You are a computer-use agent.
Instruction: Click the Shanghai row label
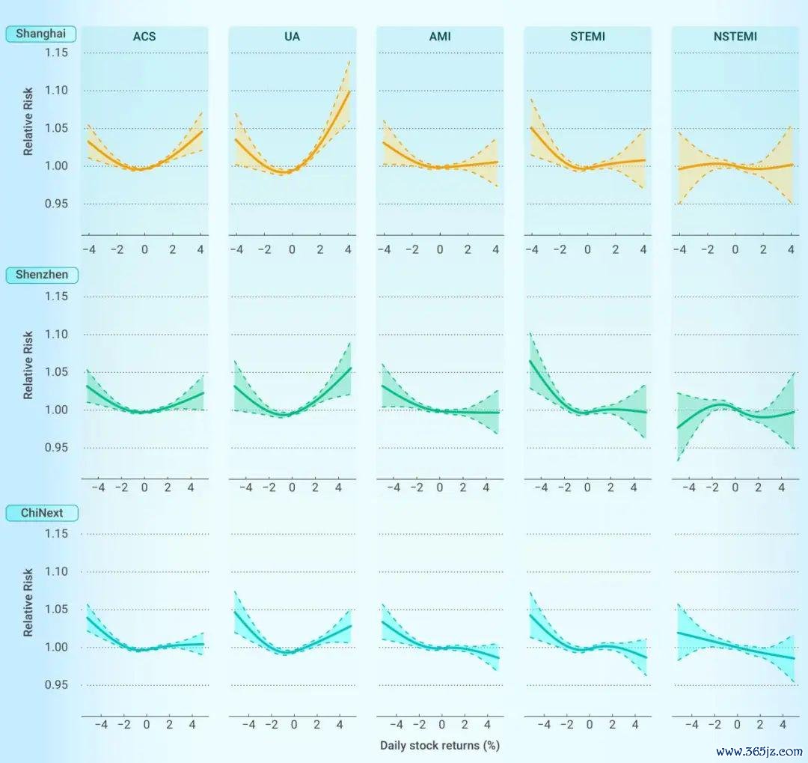click(42, 34)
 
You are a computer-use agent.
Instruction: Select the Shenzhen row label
click(42, 275)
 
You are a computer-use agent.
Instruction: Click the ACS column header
click(144, 36)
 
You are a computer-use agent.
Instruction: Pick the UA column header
click(292, 36)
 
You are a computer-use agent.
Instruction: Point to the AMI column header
click(440, 36)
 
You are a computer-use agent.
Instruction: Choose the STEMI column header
click(587, 36)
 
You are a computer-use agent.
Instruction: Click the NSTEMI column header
click(735, 36)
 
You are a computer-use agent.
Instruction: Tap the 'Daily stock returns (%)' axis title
click(439, 745)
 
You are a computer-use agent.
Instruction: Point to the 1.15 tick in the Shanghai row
click(57, 52)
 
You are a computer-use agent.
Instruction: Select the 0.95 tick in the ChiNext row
click(57, 685)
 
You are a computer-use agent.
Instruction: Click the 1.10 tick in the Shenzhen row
click(57, 335)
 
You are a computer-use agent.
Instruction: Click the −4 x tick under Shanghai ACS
click(88, 249)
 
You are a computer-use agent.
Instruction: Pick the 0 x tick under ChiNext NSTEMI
click(737, 725)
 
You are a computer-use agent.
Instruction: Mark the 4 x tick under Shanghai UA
click(349, 249)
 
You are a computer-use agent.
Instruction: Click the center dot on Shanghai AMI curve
click(447, 167)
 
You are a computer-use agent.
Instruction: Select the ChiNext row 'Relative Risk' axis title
click(28, 602)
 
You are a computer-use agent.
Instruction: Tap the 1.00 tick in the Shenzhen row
click(57, 410)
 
